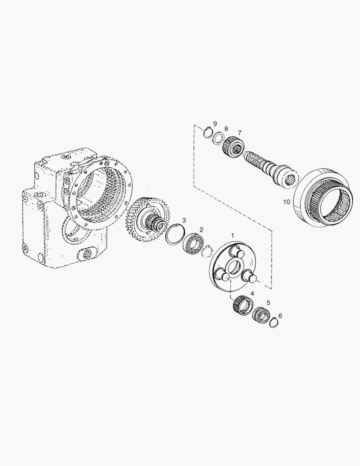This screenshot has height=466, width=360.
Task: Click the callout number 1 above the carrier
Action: click(233, 236)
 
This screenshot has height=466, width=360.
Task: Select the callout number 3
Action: click(184, 220)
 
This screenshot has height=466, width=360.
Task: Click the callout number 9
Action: click(215, 123)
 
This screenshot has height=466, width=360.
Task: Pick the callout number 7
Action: click(239, 132)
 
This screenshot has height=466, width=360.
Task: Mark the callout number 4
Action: click(252, 294)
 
